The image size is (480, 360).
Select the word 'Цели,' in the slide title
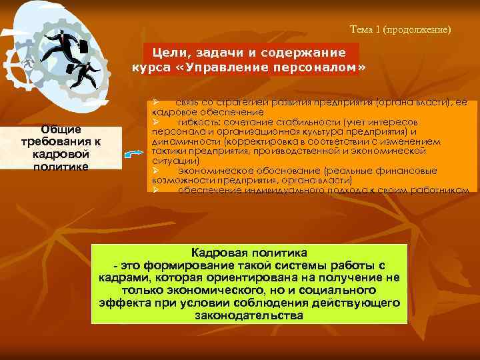tap(173, 52)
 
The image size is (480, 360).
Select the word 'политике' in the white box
tap(60, 165)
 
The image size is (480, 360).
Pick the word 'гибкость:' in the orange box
tap(199, 123)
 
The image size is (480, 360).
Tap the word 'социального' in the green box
tap(339, 290)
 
